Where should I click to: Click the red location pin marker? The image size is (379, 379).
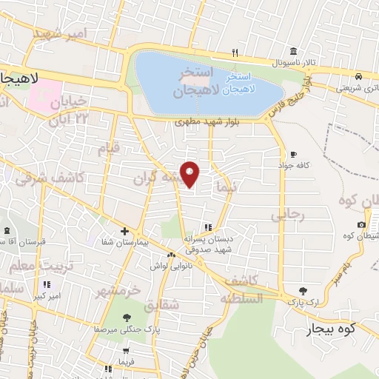[190, 175]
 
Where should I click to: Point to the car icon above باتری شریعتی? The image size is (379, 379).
[358, 76]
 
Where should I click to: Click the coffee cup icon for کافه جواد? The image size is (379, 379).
[293, 154]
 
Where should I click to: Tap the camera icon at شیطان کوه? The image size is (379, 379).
[361, 224]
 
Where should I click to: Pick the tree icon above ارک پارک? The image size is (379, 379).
[302, 291]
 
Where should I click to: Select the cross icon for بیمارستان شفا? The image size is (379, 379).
[124, 232]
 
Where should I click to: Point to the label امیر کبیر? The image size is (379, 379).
[46, 296]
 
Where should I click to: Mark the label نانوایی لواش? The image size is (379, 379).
[171, 265]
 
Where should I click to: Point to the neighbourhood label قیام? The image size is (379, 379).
[109, 150]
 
